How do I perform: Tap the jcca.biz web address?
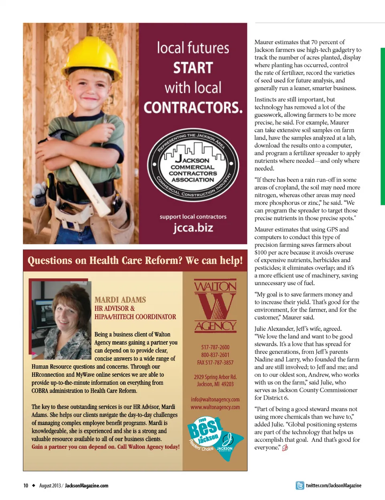tap(193, 228)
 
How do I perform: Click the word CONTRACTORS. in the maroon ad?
tap(193, 108)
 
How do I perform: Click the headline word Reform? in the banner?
tap(162, 261)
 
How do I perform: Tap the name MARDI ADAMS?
tap(120, 300)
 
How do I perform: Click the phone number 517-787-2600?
tap(215, 347)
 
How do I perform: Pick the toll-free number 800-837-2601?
tap(215, 355)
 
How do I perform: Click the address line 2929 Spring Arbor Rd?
tap(215, 377)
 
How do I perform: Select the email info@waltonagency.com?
tap(215, 399)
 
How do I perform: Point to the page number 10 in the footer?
tap(26, 486)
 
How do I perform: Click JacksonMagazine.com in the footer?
tap(87, 486)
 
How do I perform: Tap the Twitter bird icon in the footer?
tap(300, 486)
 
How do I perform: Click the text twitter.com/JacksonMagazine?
tap(334, 486)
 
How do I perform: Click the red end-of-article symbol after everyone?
tap(285, 448)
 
